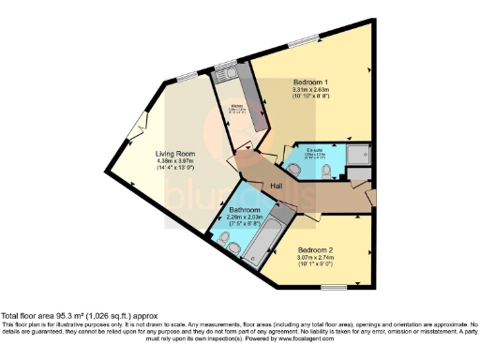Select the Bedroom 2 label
(x=320, y=250)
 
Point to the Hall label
(x=277, y=187)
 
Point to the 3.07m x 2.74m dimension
(x=320, y=258)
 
